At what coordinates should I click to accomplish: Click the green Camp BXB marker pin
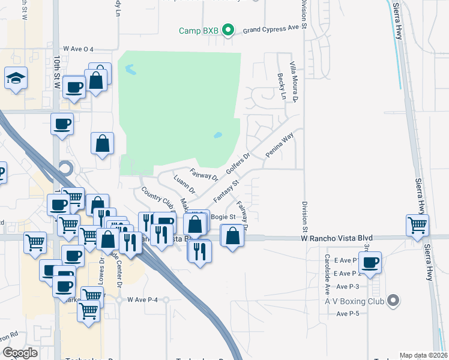pos(228,29)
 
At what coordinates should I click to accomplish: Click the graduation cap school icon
pos(16,78)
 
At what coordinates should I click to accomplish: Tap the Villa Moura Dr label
pos(294,80)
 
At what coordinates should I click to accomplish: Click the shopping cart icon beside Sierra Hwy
pos(417,226)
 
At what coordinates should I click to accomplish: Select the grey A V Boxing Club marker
pos(393,299)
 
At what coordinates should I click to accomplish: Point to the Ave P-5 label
pos(348,314)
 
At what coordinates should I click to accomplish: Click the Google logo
pos(20,353)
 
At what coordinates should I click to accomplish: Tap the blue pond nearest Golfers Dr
pos(218,135)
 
